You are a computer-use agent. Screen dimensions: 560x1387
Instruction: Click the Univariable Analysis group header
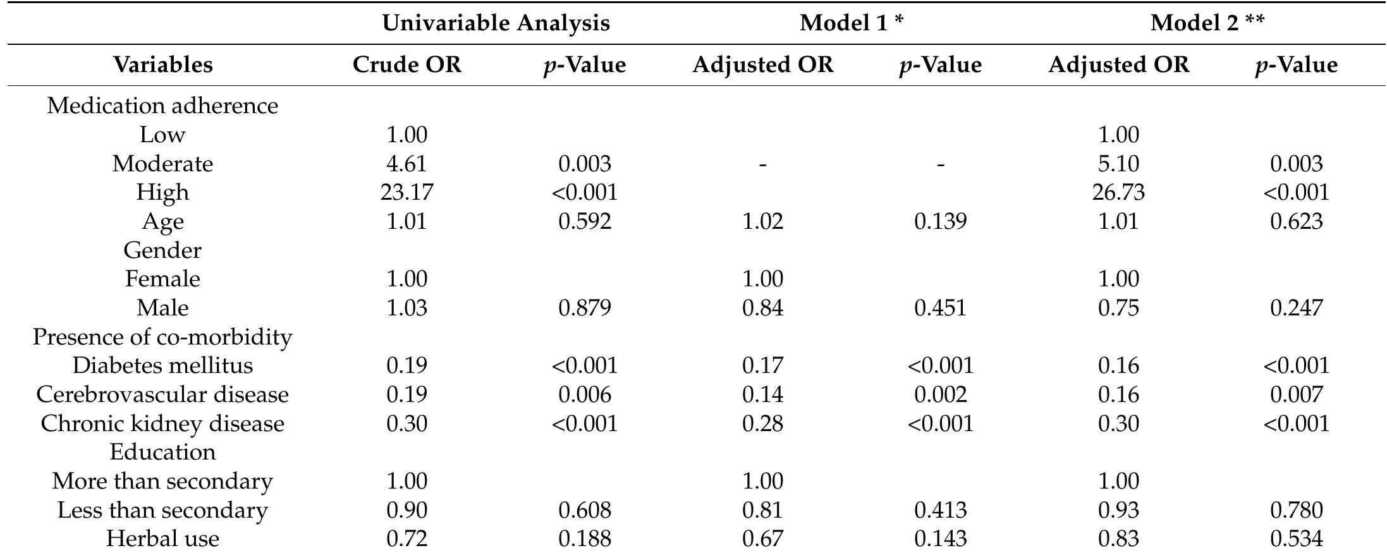496,23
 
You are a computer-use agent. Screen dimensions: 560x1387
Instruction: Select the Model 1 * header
852,23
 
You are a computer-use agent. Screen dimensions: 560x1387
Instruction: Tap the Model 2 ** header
1207,23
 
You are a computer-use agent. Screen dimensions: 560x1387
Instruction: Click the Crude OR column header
407,65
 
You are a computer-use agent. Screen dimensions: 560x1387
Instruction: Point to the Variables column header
162,65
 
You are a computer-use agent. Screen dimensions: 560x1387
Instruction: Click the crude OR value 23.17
407,192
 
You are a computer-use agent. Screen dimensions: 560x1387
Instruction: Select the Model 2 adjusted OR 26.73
1118,192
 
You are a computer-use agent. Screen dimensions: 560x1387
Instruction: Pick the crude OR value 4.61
407,164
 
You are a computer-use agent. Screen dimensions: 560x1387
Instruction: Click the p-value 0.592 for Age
585,221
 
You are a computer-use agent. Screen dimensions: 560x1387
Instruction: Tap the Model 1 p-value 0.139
940,221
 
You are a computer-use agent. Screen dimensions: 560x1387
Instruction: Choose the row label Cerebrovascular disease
162,394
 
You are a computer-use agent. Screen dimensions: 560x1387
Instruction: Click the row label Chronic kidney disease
162,423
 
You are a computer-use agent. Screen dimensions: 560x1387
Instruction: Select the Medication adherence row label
162,106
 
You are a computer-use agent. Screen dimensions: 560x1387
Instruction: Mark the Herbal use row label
162,539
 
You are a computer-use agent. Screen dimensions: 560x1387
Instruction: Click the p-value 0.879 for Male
585,308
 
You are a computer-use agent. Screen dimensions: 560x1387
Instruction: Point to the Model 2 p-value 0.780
1296,510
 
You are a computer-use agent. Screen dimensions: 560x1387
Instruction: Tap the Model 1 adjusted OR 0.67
763,539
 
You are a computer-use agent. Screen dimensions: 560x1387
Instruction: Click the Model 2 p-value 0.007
1296,394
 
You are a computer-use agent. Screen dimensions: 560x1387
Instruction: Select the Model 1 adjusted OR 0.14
763,394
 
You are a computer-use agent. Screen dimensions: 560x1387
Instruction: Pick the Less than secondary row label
162,510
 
